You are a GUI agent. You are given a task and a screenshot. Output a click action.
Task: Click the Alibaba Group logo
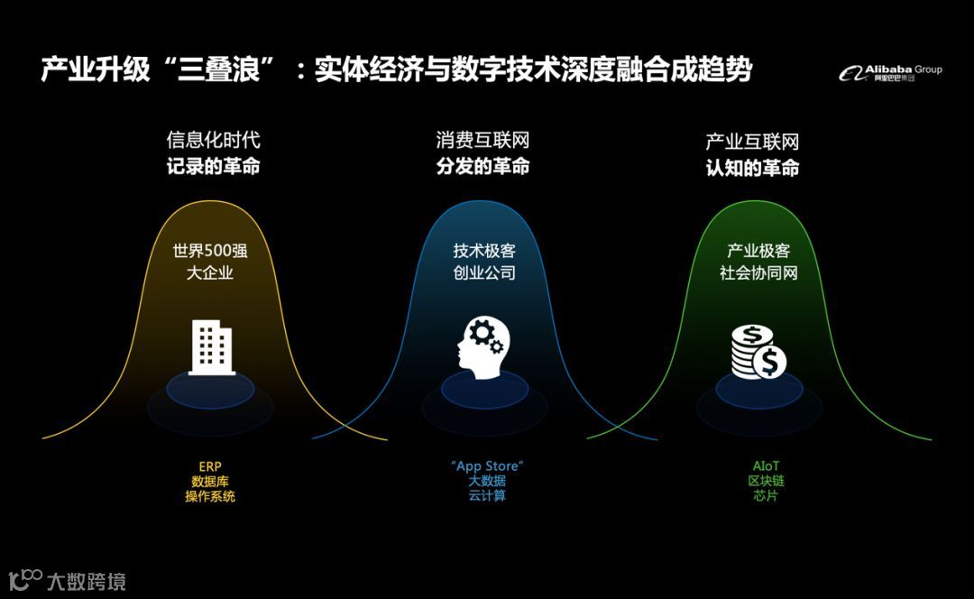click(x=890, y=72)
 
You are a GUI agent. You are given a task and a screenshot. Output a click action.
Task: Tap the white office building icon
click(x=212, y=347)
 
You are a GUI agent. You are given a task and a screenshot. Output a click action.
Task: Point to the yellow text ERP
click(x=209, y=466)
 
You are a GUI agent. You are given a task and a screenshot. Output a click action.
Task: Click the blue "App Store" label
click(x=487, y=466)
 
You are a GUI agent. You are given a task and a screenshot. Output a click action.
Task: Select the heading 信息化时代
click(x=213, y=141)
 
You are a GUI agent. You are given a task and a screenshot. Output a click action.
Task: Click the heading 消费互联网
click(x=482, y=141)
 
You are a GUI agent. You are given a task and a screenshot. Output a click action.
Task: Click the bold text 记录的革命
click(x=213, y=166)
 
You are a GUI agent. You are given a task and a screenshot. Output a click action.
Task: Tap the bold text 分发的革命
click(x=482, y=166)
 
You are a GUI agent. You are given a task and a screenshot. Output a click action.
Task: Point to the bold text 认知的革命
click(x=752, y=168)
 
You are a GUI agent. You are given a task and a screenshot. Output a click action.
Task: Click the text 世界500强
click(x=209, y=251)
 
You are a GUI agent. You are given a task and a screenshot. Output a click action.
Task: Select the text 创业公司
click(x=484, y=272)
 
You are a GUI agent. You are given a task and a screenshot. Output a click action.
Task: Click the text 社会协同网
click(x=758, y=272)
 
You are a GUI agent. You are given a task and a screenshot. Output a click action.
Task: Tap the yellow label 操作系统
click(x=209, y=496)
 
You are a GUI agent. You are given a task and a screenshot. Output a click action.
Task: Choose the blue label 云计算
click(x=487, y=496)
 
